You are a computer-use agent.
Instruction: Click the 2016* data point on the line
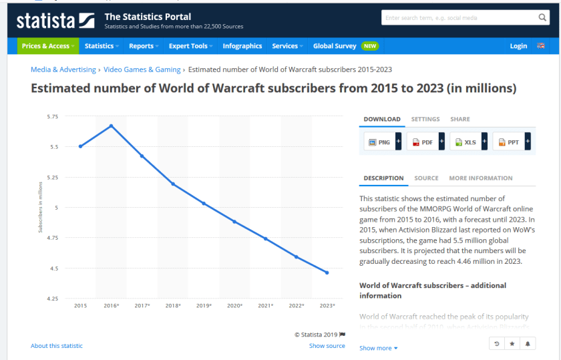(x=111, y=126)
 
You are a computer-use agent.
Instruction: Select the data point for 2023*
(x=327, y=273)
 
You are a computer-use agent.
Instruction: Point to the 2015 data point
(x=80, y=146)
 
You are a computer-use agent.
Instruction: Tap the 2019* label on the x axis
(x=204, y=305)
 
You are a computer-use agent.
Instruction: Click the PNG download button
(x=380, y=142)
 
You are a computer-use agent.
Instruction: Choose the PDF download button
(x=423, y=142)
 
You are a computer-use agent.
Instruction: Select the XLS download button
(x=466, y=142)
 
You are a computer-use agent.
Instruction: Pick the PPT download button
(x=509, y=142)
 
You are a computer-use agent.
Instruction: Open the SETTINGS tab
(x=425, y=119)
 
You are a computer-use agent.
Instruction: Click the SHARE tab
(x=460, y=119)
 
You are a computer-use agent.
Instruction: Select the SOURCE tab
(x=426, y=178)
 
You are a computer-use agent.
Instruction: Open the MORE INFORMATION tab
(x=481, y=178)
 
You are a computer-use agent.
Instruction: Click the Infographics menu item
(x=242, y=46)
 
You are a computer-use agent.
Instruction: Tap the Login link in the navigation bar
(x=518, y=46)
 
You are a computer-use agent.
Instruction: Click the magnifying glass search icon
(x=543, y=18)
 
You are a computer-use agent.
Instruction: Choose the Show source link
(x=327, y=346)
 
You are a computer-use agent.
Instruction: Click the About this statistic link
(x=57, y=346)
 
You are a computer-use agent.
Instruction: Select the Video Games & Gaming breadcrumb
(x=142, y=69)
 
